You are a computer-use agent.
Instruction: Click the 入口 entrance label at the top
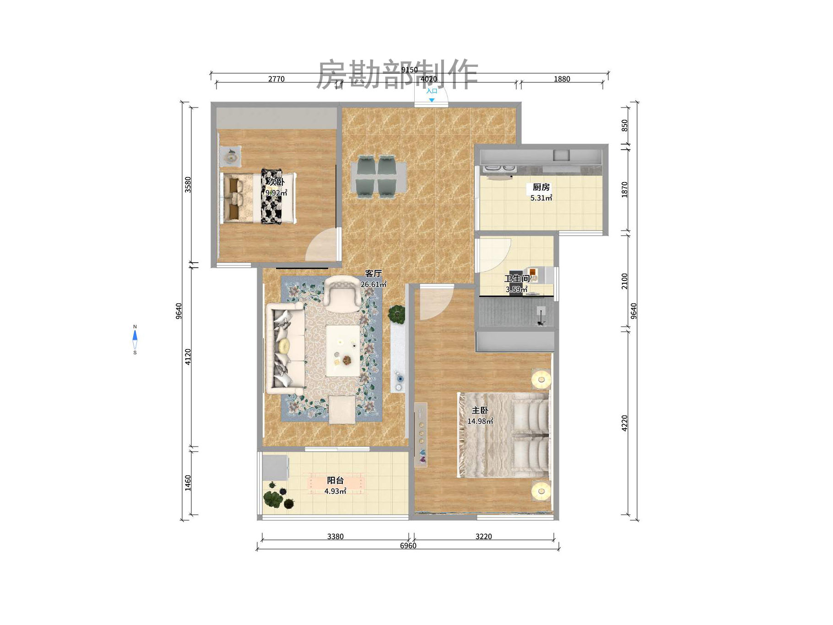click(432, 91)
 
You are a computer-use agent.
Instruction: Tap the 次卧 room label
click(276, 182)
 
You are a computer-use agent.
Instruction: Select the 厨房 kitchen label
click(541, 187)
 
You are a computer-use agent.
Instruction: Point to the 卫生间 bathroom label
click(517, 278)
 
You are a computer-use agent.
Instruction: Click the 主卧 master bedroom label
click(480, 410)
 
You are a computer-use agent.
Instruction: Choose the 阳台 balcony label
click(335, 480)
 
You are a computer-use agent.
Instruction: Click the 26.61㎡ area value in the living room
click(373, 284)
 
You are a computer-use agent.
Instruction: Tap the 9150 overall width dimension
click(409, 70)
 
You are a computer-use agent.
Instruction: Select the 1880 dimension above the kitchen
click(562, 79)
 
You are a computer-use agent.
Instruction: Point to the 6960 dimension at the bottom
click(408, 545)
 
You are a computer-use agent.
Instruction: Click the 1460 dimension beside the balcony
click(188, 483)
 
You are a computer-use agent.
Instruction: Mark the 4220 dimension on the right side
click(625, 423)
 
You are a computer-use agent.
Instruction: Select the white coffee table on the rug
click(342, 350)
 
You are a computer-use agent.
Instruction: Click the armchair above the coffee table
click(341, 292)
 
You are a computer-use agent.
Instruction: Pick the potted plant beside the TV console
click(396, 314)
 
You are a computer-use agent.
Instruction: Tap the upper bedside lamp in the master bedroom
click(541, 379)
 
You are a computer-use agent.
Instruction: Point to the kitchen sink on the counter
click(561, 156)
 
